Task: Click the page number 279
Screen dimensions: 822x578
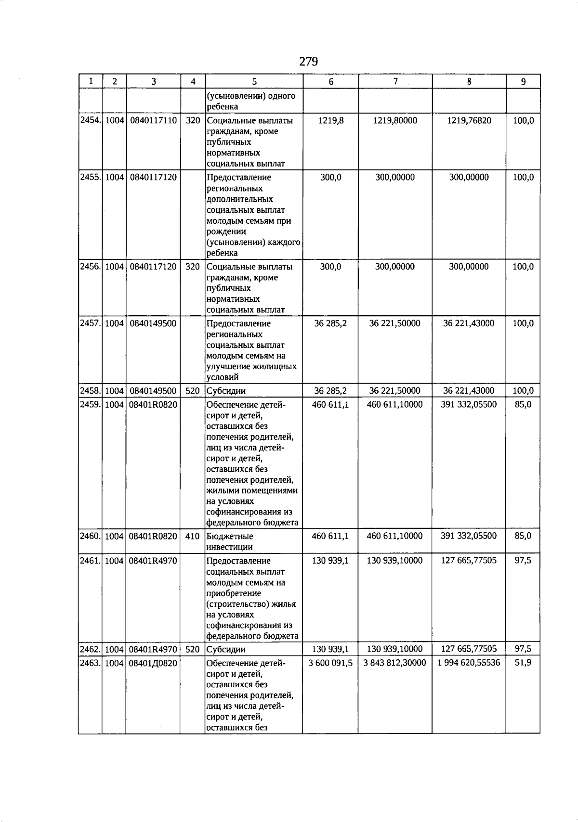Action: (x=308, y=62)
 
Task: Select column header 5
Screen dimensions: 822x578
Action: (x=254, y=82)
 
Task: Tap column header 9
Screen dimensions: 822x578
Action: (x=523, y=82)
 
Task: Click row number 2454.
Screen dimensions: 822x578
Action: (x=90, y=120)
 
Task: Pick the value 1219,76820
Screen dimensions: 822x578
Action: (x=469, y=120)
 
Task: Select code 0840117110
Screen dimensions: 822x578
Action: (x=153, y=120)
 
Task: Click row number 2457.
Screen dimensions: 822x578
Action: (x=90, y=323)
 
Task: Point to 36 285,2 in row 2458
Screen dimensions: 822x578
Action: (x=330, y=391)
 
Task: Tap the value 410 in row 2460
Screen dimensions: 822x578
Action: (x=192, y=536)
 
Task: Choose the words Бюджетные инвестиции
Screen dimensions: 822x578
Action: (x=230, y=541)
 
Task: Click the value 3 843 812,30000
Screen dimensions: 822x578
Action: (x=394, y=663)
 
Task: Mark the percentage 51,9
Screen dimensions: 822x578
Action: (x=523, y=663)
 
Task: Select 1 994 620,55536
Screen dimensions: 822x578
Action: (x=469, y=663)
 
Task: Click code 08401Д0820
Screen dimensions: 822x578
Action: (x=153, y=663)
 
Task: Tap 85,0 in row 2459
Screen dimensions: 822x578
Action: (x=523, y=404)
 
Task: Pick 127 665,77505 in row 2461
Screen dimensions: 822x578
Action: (x=469, y=560)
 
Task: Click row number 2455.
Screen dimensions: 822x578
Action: (x=90, y=177)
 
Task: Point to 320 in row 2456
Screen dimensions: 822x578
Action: (x=192, y=267)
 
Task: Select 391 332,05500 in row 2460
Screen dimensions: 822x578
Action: (x=469, y=536)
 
